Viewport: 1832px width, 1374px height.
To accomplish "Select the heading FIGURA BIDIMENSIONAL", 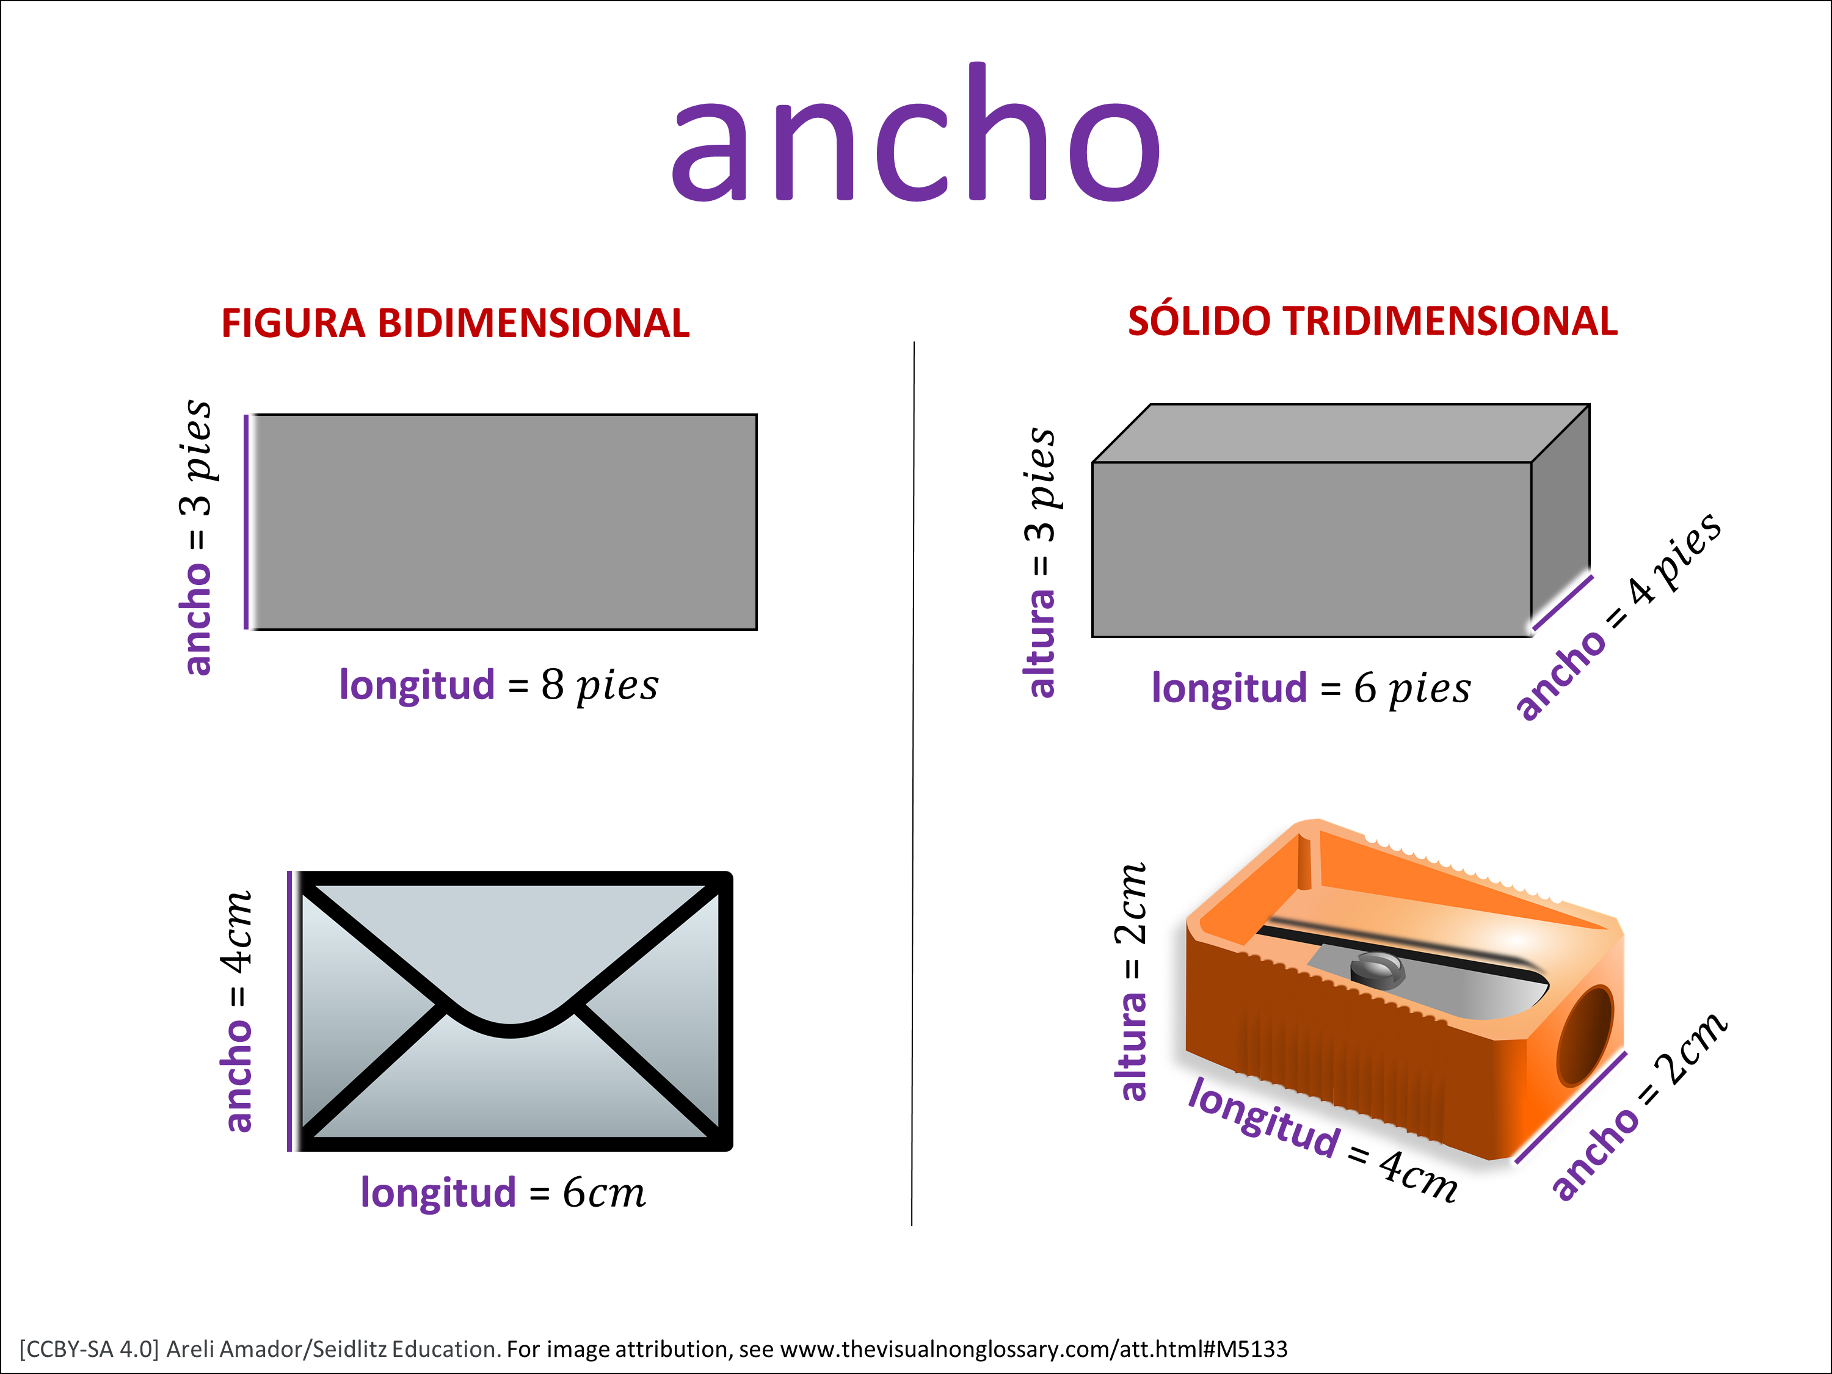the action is [456, 323].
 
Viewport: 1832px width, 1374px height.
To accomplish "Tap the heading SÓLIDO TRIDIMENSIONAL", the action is [1372, 321].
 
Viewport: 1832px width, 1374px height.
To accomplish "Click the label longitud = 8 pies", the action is [498, 686].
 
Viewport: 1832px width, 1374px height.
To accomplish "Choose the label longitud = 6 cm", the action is [503, 1193].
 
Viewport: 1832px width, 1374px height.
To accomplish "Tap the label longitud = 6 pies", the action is [1311, 688].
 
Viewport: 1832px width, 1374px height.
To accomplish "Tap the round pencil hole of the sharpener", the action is [1584, 1035].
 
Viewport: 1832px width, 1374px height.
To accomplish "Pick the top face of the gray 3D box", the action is [1341, 433].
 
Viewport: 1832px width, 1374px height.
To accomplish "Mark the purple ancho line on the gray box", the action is [1563, 602].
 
